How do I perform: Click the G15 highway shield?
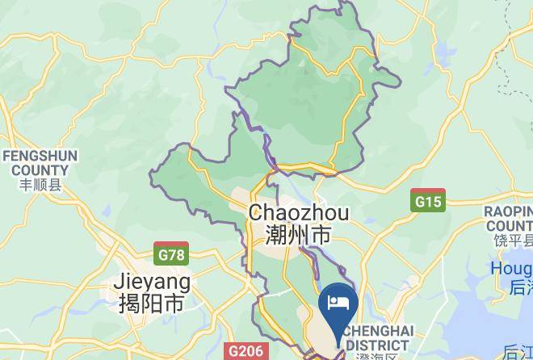tap(427, 201)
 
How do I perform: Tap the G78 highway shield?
tap(171, 254)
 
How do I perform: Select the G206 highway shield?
tap(246, 351)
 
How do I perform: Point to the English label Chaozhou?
tap(299, 213)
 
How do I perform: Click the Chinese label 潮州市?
tap(299, 236)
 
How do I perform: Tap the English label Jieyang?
tap(153, 282)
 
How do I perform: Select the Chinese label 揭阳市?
tap(152, 303)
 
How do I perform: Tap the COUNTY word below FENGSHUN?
tap(40, 170)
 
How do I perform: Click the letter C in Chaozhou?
tap(257, 213)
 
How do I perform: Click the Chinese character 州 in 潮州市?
tap(299, 236)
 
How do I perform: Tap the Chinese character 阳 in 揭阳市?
tap(152, 303)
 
